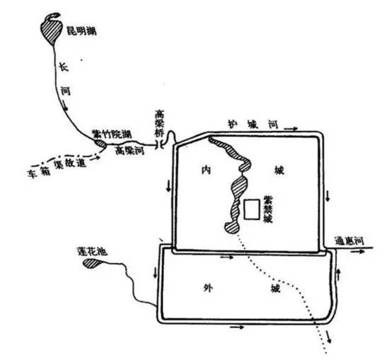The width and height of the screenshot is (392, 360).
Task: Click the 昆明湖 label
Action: coord(81,32)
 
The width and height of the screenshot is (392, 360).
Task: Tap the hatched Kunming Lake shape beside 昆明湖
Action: coord(51,30)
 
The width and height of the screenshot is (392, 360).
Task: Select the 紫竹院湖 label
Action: coord(112,134)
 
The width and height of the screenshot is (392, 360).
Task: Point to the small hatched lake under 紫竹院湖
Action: coord(100,144)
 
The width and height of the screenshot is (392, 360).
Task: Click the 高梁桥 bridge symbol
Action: coord(160,144)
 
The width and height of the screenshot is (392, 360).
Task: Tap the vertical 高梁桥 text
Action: coord(159,123)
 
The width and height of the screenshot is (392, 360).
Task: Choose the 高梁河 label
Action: coord(129,151)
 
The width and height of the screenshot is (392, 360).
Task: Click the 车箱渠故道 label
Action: coord(57,168)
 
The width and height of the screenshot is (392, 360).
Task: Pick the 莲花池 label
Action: coord(92,251)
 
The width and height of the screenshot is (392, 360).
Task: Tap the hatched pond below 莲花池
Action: coord(91,263)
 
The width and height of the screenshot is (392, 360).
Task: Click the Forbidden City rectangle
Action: coord(252,209)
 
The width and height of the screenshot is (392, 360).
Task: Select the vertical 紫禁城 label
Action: coord(268,209)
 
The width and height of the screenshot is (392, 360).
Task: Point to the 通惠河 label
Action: coord(350,241)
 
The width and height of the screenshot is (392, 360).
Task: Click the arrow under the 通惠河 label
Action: coord(358,252)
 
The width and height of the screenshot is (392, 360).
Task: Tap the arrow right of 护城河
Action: coord(291,129)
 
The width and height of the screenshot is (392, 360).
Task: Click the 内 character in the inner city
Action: coord(207,170)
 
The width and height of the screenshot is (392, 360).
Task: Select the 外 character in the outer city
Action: coord(208,288)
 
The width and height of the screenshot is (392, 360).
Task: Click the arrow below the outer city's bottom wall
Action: coord(237,327)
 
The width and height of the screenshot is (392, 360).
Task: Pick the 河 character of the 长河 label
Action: coord(66,91)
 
